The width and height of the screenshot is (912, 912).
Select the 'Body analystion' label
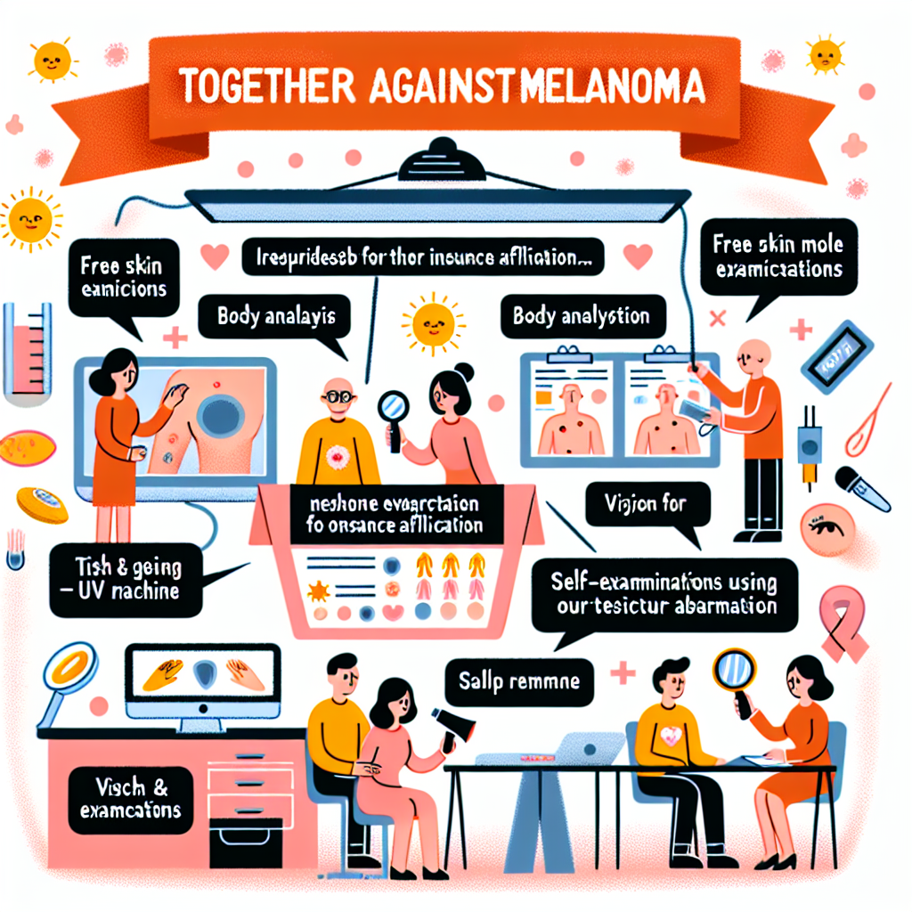pyautogui.click(x=581, y=316)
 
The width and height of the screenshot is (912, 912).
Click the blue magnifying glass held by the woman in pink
pyautogui.click(x=393, y=409)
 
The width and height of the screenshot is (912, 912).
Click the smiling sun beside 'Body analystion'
pyautogui.click(x=427, y=322)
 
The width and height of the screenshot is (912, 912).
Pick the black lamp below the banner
pyautogui.click(x=443, y=159)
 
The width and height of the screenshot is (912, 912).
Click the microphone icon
pyautogui.click(x=860, y=489)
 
